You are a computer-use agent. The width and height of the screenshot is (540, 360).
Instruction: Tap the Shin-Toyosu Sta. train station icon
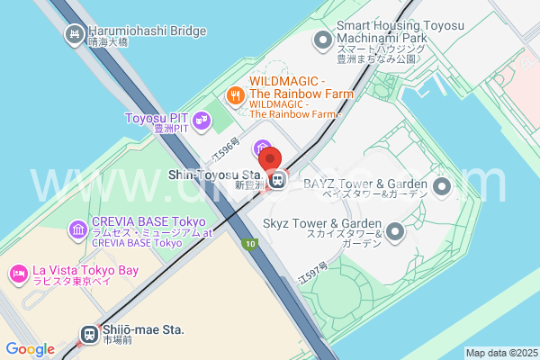[279, 180]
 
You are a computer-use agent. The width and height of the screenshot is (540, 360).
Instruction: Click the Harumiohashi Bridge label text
[148, 31]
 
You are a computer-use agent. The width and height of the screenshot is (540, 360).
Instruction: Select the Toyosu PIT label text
[158, 118]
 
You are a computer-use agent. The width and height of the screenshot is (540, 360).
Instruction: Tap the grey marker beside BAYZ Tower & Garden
[441, 187]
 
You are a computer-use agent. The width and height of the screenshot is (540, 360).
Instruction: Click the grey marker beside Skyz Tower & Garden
[394, 232]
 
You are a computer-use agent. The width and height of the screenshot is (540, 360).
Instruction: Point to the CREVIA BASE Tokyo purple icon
[78, 232]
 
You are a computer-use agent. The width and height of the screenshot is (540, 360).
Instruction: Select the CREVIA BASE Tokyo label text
[148, 222]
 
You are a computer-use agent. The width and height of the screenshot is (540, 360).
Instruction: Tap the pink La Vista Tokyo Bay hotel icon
[18, 273]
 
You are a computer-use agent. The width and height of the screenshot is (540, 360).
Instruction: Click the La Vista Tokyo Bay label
[85, 271]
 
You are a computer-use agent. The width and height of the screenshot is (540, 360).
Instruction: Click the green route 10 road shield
[249, 245]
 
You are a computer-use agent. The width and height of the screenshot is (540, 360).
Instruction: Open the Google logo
[30, 349]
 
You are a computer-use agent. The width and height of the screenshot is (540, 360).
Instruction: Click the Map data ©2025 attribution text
[500, 353]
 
